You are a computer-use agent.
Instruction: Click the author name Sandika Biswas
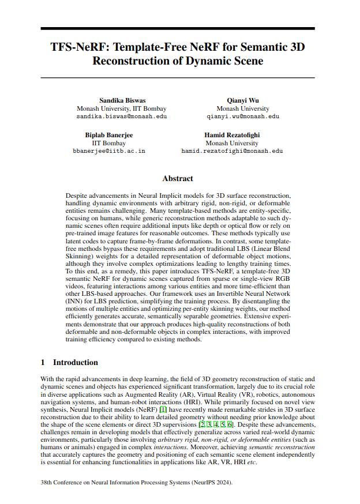click(122, 100)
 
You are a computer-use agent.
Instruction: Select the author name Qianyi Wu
click(242, 100)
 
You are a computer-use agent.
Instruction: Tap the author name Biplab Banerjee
click(109, 135)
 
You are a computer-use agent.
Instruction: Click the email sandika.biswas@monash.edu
click(122, 116)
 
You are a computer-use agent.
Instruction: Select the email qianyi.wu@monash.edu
click(242, 116)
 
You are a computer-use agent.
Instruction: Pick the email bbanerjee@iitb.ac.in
click(109, 151)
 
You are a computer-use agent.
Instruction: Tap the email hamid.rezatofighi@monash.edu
click(232, 151)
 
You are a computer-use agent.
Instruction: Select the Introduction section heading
click(75, 362)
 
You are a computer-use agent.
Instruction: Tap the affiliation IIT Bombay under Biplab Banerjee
click(109, 143)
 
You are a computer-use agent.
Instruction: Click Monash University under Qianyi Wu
click(242, 108)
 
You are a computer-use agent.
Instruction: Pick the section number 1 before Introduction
click(43, 362)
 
